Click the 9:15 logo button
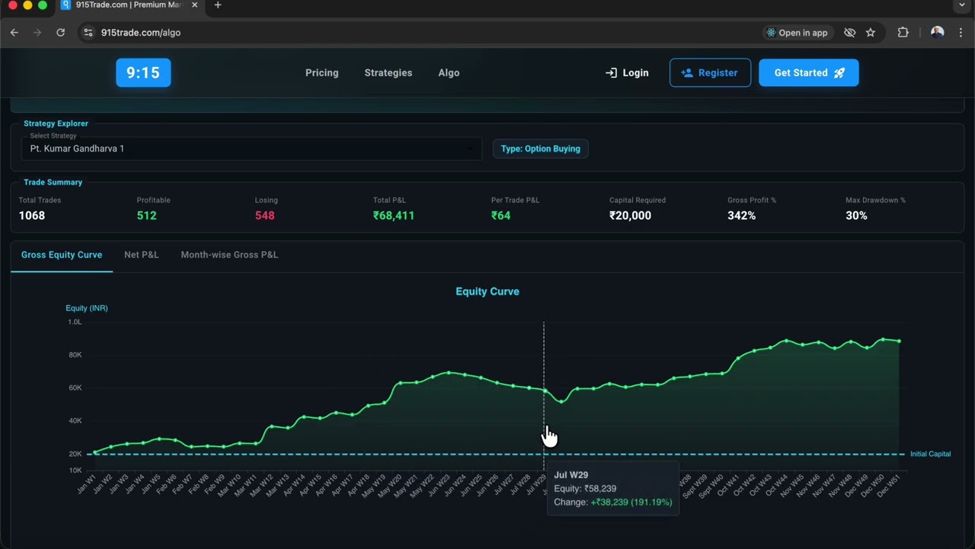click(x=143, y=72)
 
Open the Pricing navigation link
click(x=321, y=72)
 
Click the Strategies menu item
click(x=388, y=72)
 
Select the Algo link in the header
click(x=449, y=72)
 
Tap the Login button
click(x=627, y=72)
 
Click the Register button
click(x=710, y=72)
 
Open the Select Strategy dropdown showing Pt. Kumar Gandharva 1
click(x=251, y=148)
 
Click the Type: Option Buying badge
click(x=540, y=149)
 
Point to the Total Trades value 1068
click(x=31, y=216)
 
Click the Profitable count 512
click(x=146, y=216)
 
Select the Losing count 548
click(x=264, y=216)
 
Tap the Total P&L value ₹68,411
click(x=394, y=216)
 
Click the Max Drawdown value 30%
click(x=856, y=216)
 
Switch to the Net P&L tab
click(x=142, y=255)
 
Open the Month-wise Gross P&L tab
click(x=229, y=255)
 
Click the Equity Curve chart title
click(x=487, y=291)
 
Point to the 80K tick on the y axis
click(x=75, y=355)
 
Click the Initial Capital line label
click(x=930, y=454)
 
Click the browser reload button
click(x=61, y=32)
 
